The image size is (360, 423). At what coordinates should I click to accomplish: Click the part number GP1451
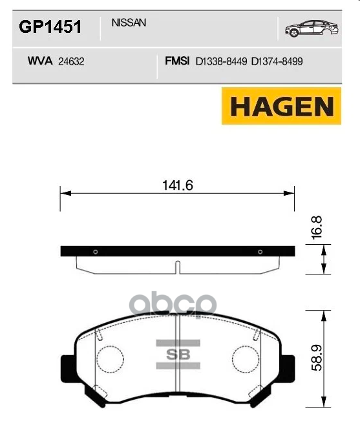[49, 26]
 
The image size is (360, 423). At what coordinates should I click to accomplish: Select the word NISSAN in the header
[129, 23]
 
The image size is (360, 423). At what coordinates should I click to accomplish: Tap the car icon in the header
[310, 28]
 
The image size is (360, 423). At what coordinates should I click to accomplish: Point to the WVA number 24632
[72, 63]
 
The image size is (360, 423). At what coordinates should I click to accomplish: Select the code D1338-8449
[221, 63]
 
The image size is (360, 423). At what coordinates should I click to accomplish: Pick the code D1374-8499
[277, 63]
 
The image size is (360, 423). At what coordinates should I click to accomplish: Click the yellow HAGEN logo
[281, 105]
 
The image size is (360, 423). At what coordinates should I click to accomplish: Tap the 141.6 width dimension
[177, 185]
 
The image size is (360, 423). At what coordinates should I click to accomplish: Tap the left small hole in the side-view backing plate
[95, 252]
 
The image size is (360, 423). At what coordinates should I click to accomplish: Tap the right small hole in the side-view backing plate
[259, 252]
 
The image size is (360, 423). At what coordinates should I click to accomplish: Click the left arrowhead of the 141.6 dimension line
[63, 192]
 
